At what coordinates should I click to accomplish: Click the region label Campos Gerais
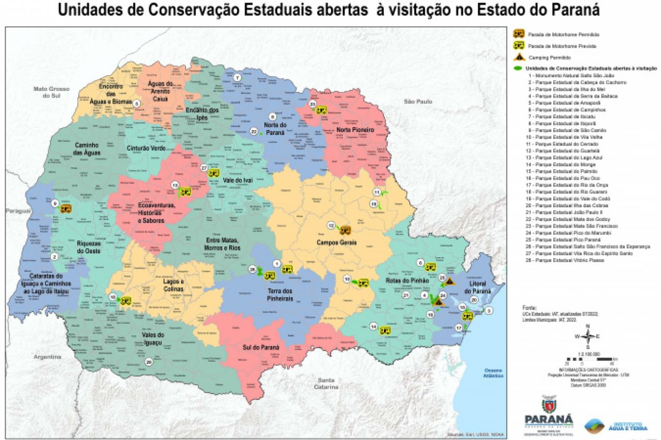pyautogui.click(x=337, y=243)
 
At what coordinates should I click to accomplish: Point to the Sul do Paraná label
pyautogui.click(x=260, y=348)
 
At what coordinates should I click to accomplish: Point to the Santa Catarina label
pyautogui.click(x=326, y=384)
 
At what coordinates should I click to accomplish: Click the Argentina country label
pyautogui.click(x=48, y=357)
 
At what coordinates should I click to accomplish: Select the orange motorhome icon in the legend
pyautogui.click(x=518, y=34)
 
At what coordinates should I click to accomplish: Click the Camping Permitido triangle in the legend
pyautogui.click(x=518, y=57)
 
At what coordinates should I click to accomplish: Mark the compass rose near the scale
pyautogui.click(x=588, y=336)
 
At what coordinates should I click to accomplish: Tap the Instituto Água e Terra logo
pyautogui.click(x=615, y=425)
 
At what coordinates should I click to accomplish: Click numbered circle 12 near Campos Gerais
pyautogui.click(x=331, y=226)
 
